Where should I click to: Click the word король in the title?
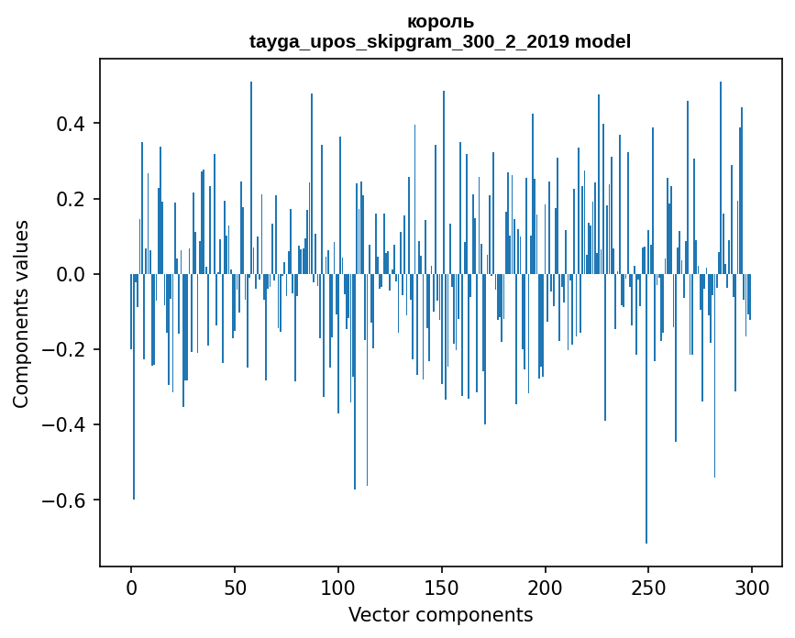[x=440, y=22]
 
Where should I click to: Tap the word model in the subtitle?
[x=602, y=41]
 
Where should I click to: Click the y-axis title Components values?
[x=21, y=313]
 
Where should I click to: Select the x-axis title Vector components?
[x=440, y=614]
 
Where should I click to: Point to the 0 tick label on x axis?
[x=131, y=587]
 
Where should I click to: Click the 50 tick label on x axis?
[x=235, y=587]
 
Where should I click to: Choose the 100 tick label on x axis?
[x=338, y=587]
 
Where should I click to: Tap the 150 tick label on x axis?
[x=442, y=587]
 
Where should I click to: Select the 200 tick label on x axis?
[x=546, y=587]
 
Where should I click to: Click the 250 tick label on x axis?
[x=649, y=587]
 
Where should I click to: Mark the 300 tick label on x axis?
[x=752, y=587]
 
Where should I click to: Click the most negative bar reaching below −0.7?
[x=646, y=458]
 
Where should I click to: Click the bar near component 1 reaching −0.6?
[x=134, y=412]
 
